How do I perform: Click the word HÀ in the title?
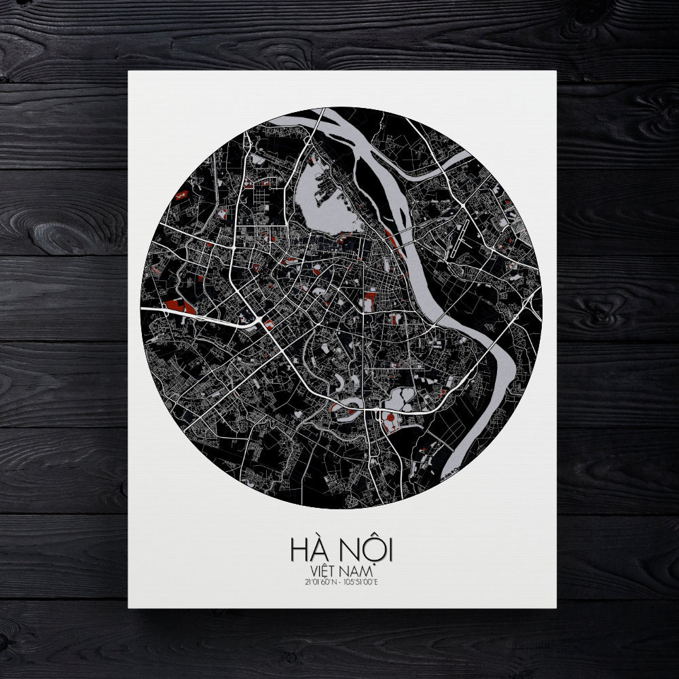(308, 548)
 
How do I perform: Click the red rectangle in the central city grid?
(369, 299)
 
